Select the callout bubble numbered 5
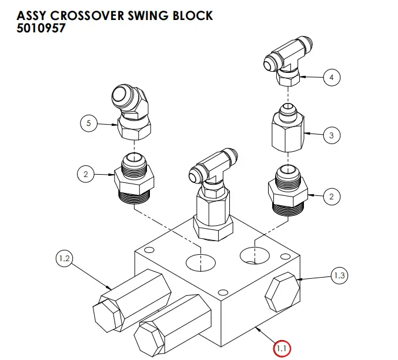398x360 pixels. tap(89, 124)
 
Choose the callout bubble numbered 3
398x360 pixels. tap(331, 136)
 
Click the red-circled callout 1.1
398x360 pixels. tap(282, 348)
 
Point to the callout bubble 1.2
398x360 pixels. tap(65, 258)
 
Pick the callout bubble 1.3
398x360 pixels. tap(340, 275)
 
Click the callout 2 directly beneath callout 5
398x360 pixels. tap(86, 174)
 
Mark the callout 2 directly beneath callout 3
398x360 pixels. tap(331, 196)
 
